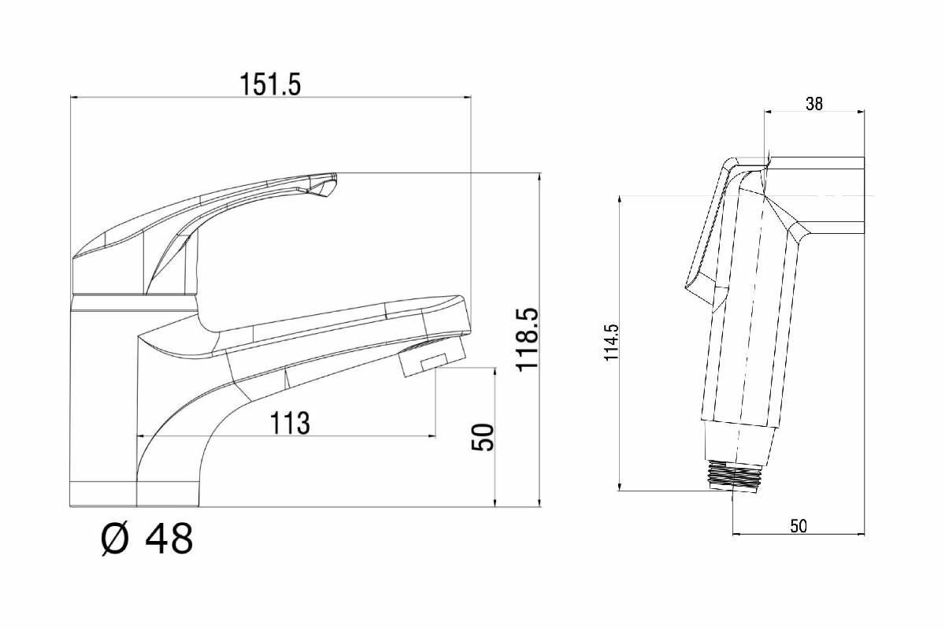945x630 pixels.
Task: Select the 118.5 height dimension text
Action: (526, 339)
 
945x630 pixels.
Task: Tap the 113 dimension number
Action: (290, 423)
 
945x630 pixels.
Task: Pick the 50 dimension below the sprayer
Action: (799, 526)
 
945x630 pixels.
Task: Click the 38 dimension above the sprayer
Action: (814, 103)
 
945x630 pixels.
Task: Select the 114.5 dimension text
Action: (612, 343)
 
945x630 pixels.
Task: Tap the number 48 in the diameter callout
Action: (169, 540)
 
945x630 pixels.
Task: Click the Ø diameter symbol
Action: (115, 540)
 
